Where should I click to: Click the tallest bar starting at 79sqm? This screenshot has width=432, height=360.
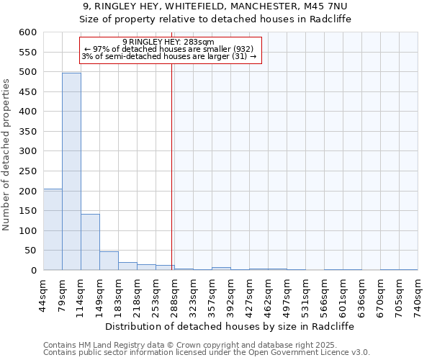[x=71, y=171]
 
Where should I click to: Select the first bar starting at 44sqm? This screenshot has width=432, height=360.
[x=53, y=229]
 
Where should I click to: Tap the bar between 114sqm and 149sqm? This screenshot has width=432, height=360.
[x=90, y=242]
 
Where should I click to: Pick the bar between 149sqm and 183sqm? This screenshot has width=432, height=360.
[x=109, y=261]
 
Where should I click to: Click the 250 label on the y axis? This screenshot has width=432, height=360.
[x=27, y=171]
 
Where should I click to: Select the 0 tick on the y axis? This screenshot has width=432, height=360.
[x=33, y=271]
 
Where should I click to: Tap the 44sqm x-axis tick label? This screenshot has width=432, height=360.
[x=43, y=293]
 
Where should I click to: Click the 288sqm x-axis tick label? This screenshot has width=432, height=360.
[x=174, y=293]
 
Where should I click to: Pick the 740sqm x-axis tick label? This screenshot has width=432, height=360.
[x=418, y=293]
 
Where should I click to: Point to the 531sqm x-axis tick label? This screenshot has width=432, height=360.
[x=305, y=293]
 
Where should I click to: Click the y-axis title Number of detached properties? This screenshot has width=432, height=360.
[x=6, y=155]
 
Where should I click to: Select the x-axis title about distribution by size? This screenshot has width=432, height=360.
[x=230, y=326]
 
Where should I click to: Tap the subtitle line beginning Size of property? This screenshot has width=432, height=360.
[x=215, y=19]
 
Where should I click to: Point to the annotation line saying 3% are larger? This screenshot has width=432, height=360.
[x=168, y=56]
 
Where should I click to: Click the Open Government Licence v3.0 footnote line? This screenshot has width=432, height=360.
[x=207, y=352]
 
